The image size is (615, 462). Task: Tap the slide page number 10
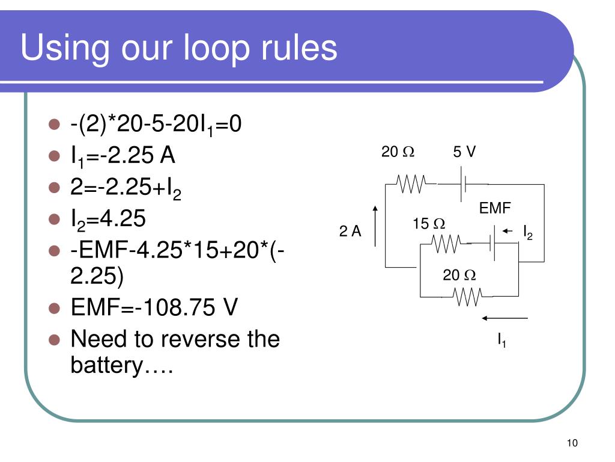click(571, 443)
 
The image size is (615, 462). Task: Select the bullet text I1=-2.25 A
click(123, 156)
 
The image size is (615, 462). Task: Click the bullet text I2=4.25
click(108, 219)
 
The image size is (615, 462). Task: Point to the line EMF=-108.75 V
click(154, 308)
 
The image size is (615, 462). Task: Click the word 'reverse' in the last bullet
click(199, 339)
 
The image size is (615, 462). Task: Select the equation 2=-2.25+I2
click(126, 188)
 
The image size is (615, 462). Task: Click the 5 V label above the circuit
click(464, 152)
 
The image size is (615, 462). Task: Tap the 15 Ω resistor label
click(428, 224)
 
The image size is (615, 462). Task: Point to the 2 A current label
click(350, 232)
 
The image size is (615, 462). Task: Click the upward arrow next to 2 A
click(375, 226)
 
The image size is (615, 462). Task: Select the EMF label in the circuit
click(494, 208)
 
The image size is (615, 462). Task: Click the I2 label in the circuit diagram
click(528, 232)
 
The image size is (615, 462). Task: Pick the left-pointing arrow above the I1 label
click(504, 318)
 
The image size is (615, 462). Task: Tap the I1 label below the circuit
click(501, 341)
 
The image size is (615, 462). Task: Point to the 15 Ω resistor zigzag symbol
click(445, 243)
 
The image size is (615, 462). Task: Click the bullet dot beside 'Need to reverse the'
click(54, 339)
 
